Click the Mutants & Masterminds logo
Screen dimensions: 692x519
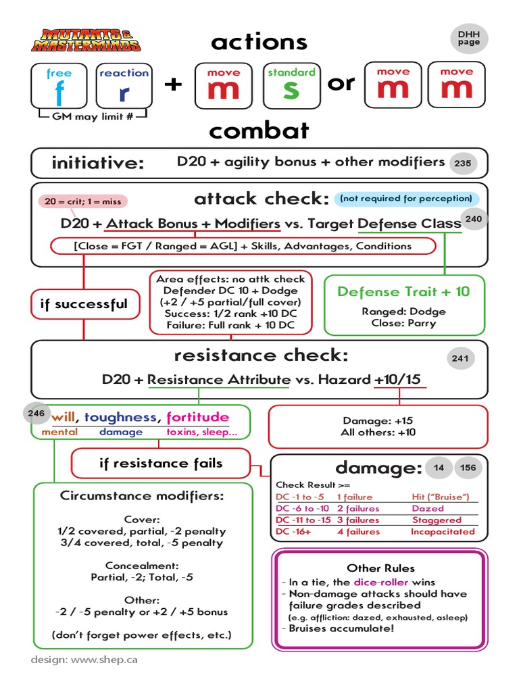click(x=86, y=40)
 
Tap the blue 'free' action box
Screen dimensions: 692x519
click(x=59, y=86)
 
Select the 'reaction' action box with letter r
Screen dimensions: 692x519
click(x=124, y=86)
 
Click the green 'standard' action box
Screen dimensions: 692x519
click(x=291, y=86)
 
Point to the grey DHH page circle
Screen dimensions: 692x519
click(x=468, y=38)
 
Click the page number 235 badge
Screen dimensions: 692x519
click(x=463, y=163)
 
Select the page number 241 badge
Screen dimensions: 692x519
click(x=460, y=359)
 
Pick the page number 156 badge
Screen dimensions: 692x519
click(x=468, y=468)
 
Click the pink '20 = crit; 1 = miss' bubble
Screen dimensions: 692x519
click(x=83, y=201)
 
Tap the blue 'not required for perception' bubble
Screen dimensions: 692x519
click(x=406, y=199)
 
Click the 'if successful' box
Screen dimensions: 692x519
click(x=84, y=304)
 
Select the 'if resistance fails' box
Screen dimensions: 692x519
click(x=160, y=464)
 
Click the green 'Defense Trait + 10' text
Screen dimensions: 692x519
click(x=403, y=291)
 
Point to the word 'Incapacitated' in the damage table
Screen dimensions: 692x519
click(x=443, y=532)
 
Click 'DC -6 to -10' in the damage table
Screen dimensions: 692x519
click(x=303, y=508)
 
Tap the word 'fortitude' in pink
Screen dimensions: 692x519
click(x=197, y=417)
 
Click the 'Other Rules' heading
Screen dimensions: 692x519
click(x=380, y=568)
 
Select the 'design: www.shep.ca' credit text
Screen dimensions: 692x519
click(x=84, y=659)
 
